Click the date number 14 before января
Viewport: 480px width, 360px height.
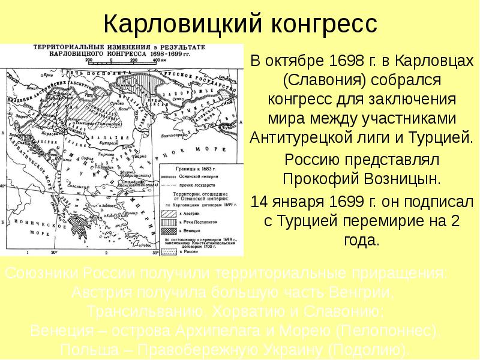coord(259,200)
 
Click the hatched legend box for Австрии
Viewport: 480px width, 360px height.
coord(169,214)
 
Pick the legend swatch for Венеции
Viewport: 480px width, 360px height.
coord(169,230)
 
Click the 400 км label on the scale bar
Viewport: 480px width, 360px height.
coord(158,60)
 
